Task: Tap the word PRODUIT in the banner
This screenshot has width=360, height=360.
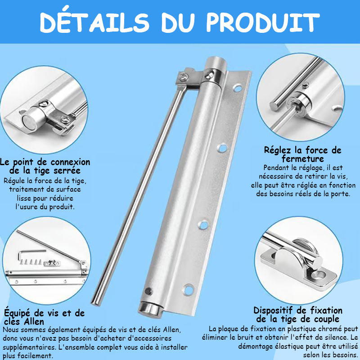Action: click(263, 22)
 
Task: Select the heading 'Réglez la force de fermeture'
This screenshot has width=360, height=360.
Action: click(302, 154)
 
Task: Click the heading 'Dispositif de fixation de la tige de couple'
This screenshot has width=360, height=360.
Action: click(298, 315)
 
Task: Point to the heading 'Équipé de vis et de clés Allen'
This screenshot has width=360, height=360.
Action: click(44, 317)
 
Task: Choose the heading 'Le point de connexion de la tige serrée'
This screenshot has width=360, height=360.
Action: click(45, 166)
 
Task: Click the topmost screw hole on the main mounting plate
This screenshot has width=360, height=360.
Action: click(238, 88)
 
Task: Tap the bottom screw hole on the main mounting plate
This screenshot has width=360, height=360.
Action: click(189, 289)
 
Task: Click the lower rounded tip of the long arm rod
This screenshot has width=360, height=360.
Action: click(96, 302)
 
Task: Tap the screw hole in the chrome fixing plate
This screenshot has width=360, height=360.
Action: click(320, 274)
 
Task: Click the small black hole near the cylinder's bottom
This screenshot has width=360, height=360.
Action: click(148, 291)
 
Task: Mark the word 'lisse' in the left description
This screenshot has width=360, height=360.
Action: click(24, 198)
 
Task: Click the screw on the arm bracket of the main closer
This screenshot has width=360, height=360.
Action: click(184, 76)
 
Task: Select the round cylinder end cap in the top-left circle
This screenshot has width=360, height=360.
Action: click(29, 121)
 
